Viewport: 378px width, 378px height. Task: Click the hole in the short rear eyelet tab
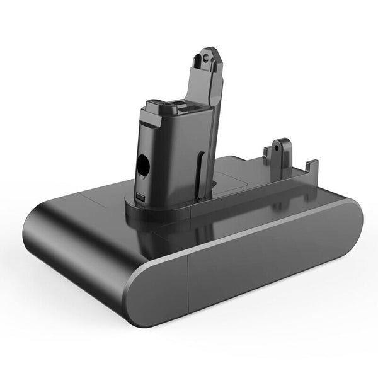coord(277,149)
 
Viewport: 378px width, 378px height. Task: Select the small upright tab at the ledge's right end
coord(310,167)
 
